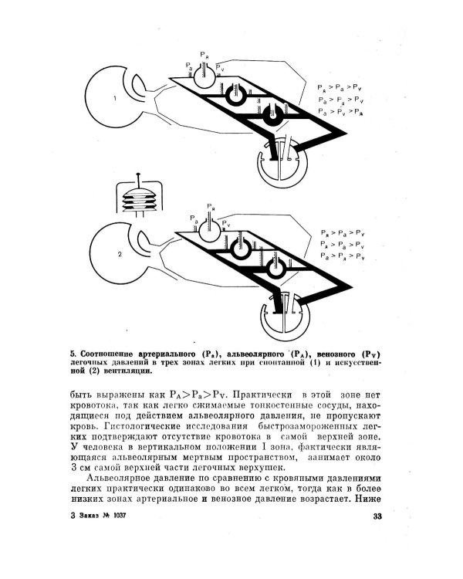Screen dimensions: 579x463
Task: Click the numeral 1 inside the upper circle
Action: point(113,98)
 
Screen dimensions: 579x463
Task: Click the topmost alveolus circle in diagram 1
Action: point(204,76)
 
